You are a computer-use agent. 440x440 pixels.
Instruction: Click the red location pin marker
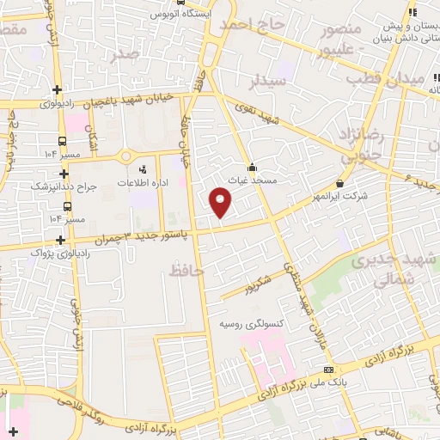(x=222, y=203)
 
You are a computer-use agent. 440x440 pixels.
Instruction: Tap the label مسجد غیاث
(x=253, y=180)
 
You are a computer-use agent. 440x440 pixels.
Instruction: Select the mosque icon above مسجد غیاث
(x=253, y=168)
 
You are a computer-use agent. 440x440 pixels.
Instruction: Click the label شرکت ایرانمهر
(x=339, y=196)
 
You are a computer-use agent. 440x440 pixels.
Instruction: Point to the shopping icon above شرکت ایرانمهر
(x=340, y=183)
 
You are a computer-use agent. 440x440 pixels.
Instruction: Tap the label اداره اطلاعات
(x=143, y=184)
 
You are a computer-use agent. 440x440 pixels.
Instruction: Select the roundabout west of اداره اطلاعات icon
(x=125, y=156)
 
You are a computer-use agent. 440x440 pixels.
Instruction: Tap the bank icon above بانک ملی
(x=327, y=370)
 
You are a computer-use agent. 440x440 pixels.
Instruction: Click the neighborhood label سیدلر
(x=266, y=82)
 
